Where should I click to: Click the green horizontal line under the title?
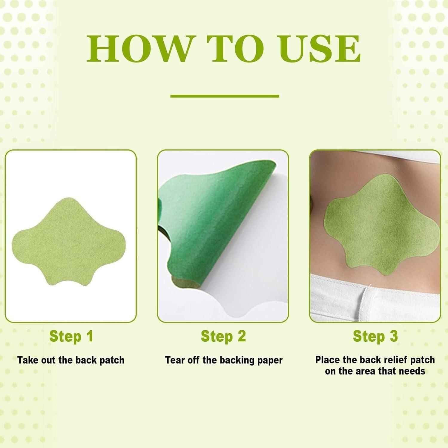[x=225, y=96]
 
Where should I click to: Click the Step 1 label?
[x=71, y=336]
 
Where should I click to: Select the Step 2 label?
[x=223, y=336]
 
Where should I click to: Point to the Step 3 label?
[x=375, y=336]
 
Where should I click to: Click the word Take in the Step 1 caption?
[x=27, y=360]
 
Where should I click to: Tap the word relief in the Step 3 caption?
[x=395, y=360]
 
